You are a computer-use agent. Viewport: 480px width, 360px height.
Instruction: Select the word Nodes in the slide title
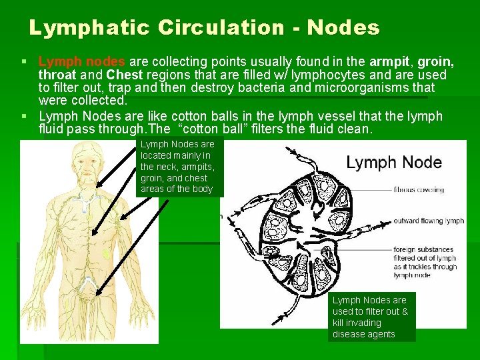click(x=345, y=28)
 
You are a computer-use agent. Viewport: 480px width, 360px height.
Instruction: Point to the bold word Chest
click(x=125, y=75)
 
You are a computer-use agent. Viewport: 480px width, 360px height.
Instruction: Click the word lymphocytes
click(x=319, y=75)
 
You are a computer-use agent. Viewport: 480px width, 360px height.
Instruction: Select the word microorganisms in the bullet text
click(x=363, y=87)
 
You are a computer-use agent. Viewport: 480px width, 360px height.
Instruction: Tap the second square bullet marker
click(x=25, y=116)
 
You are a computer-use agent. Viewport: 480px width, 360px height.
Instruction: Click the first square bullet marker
click(x=25, y=62)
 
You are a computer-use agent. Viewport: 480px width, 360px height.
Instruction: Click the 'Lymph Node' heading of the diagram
click(x=393, y=162)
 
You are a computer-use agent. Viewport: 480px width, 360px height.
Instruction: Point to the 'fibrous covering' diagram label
click(x=419, y=189)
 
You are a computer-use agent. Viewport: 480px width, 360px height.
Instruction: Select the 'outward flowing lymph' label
click(x=429, y=221)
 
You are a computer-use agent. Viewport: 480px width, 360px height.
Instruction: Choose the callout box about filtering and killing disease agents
click(x=371, y=317)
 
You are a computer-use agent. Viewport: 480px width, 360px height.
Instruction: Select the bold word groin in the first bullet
click(x=435, y=62)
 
